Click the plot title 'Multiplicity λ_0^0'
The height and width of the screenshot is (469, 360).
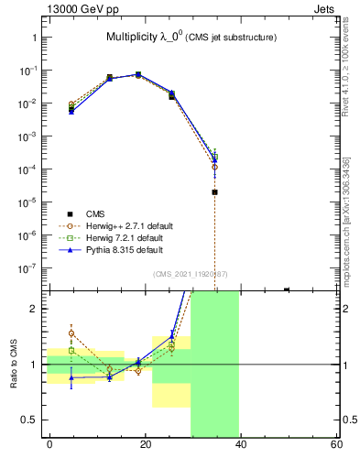click(147, 37)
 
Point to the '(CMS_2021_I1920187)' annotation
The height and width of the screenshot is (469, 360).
click(190, 273)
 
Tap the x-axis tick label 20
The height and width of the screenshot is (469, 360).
click(145, 444)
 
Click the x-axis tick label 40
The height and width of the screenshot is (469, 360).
click(240, 444)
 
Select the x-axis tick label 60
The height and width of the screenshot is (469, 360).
click(335, 444)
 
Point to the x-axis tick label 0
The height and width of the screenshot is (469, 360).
click(49, 444)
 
